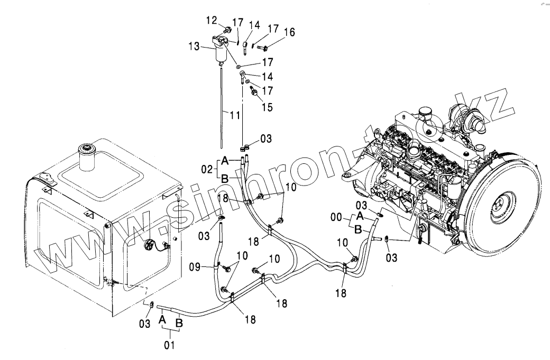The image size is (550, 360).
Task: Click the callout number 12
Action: (x=212, y=21)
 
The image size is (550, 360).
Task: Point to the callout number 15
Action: (x=268, y=107)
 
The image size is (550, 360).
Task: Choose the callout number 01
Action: (x=169, y=346)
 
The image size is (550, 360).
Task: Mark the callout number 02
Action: (x=207, y=170)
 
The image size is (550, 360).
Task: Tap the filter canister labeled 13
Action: (x=219, y=53)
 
